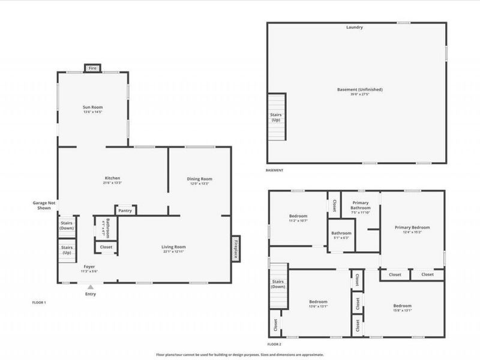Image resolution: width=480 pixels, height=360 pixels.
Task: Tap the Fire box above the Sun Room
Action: tap(92, 68)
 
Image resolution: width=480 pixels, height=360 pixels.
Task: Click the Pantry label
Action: tap(125, 211)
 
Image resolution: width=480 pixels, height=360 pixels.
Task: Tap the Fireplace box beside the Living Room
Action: tap(236, 247)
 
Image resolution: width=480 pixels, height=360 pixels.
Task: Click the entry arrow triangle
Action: tap(91, 288)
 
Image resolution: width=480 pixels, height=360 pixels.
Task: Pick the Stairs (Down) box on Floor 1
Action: tap(66, 226)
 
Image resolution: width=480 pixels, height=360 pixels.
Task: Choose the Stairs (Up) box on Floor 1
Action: tap(66, 249)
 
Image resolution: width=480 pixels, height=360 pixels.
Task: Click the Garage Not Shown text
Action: tap(44, 206)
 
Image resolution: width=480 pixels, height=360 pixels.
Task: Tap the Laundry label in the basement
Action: tap(354, 28)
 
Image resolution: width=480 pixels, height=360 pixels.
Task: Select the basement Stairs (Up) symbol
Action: tap(277, 116)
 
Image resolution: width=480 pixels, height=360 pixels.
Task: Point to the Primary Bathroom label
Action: tap(360, 206)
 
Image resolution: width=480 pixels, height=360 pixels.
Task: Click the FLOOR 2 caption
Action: tap(275, 344)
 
